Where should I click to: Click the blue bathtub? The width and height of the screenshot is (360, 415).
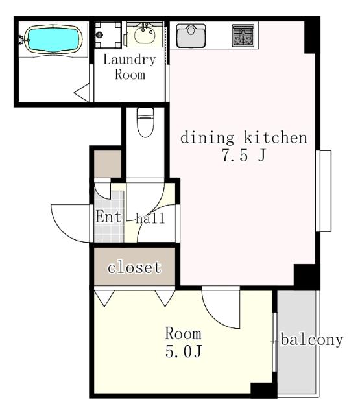click(x=53, y=40)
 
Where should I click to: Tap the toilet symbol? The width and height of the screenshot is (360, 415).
click(x=145, y=122)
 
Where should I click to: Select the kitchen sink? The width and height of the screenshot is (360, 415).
click(x=191, y=36)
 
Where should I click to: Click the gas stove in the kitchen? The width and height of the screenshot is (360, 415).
click(x=243, y=36)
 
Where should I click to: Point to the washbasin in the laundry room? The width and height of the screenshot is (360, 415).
click(x=145, y=34)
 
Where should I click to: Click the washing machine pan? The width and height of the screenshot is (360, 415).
click(x=108, y=35)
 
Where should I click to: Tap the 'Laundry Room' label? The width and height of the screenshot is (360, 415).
click(x=130, y=67)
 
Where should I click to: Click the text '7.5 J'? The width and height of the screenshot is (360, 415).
click(x=244, y=155)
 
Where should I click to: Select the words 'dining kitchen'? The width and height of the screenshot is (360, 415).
click(x=244, y=137)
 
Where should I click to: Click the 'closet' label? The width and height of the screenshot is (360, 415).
click(x=134, y=267)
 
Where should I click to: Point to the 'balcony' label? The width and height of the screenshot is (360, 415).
click(x=312, y=340)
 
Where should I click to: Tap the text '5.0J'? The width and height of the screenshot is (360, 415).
click(x=184, y=351)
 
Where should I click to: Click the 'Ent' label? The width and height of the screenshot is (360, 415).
click(x=108, y=217)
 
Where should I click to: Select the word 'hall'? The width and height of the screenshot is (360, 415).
click(x=150, y=219)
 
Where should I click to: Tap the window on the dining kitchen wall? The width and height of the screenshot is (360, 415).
click(x=324, y=191)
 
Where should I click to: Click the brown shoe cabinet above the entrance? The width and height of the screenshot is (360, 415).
click(x=108, y=164)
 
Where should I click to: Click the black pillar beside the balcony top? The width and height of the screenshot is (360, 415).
click(x=307, y=277)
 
